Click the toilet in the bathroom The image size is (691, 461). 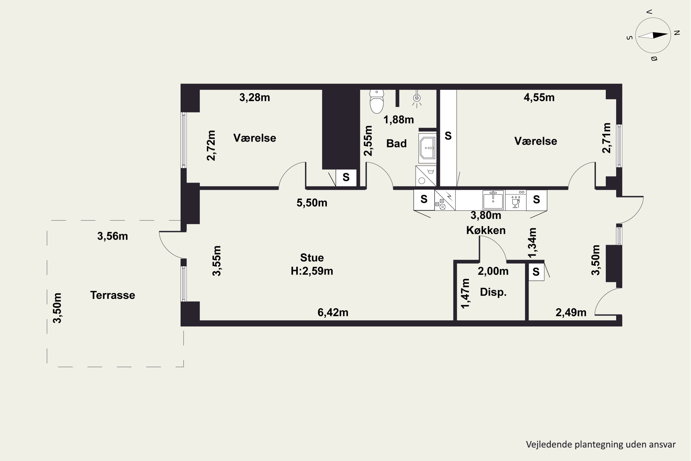377,102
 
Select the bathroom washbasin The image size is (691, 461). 427,148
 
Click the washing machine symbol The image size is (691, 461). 426,176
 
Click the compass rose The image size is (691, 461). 653,35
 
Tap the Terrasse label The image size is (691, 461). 113,295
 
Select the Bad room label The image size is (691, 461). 396,143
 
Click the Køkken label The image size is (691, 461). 486,230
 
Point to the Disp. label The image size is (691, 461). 493,292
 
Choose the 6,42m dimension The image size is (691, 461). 333,313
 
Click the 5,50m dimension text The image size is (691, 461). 312,203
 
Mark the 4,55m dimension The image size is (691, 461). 539,98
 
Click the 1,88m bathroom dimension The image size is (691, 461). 399,120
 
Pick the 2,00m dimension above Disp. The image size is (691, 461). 493,271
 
